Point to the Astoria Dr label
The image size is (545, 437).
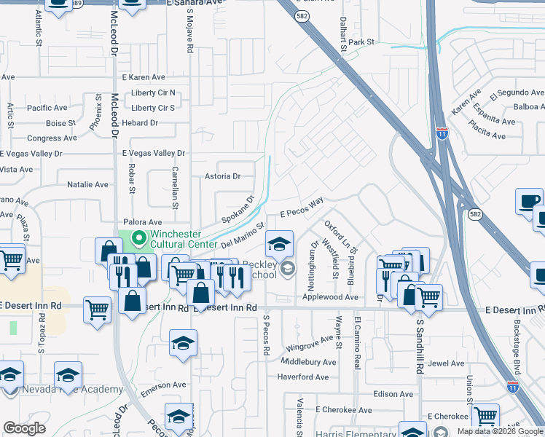222,176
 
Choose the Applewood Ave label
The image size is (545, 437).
331,297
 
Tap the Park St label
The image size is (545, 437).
361,42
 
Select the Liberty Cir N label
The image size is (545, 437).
153,92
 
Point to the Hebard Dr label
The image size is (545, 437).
140,123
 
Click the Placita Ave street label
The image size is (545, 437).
488,135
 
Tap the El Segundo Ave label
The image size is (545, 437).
517,93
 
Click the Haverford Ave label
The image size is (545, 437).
303,377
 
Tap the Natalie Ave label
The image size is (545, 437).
87,186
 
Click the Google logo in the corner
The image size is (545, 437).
24,428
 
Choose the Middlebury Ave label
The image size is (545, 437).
309,362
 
